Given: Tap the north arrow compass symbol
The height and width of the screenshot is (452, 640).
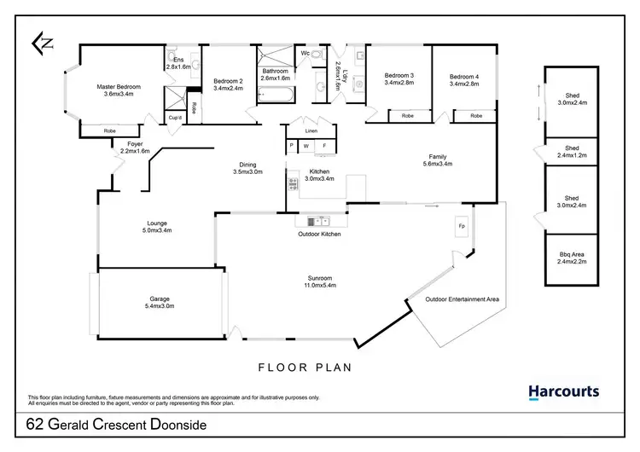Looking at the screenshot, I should (x=44, y=42).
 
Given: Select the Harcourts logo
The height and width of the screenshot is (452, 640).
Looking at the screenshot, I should (x=563, y=392).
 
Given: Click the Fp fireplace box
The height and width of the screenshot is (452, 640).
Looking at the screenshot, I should (x=462, y=227).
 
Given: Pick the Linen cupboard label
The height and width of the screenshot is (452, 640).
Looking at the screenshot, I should (x=312, y=130).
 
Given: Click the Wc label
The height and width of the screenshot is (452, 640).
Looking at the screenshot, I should (x=305, y=53).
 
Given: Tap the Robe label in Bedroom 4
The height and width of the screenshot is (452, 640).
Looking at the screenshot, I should (x=475, y=115).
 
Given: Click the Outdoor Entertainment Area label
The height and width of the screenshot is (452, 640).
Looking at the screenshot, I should (x=462, y=299).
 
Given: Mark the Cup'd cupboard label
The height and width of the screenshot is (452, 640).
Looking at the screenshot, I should (x=174, y=117).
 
